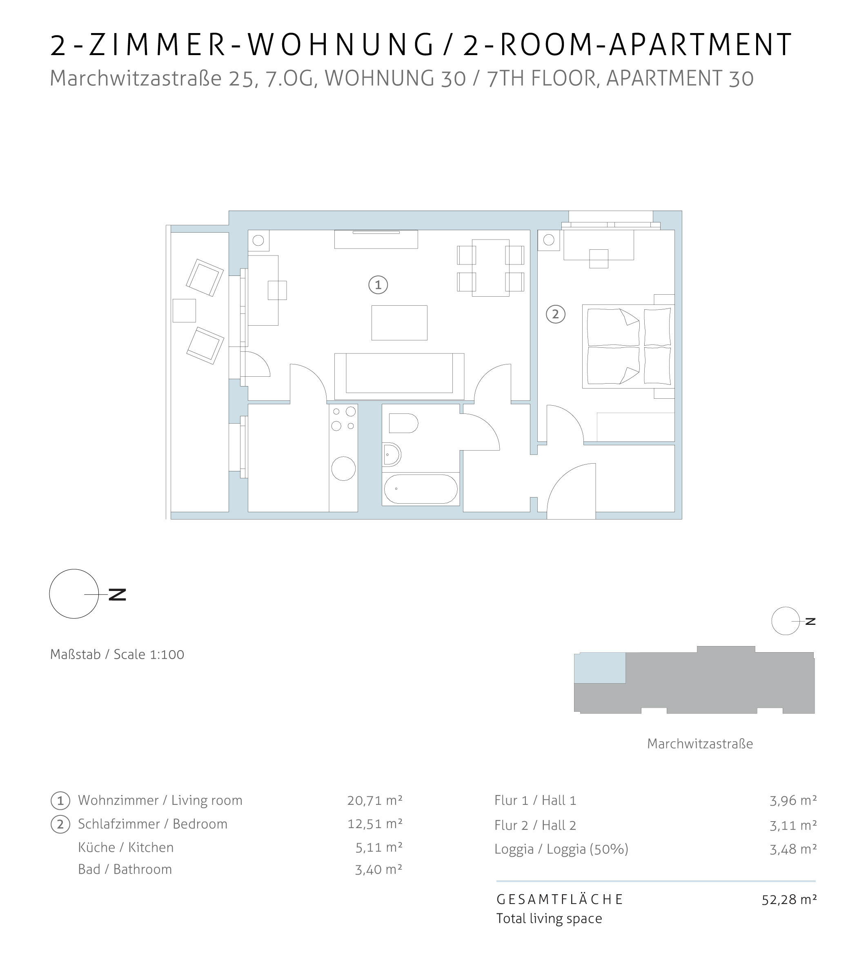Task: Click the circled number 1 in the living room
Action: [x=378, y=285]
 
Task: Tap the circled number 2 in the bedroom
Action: [x=556, y=314]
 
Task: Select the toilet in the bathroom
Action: [x=403, y=423]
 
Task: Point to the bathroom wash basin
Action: [x=392, y=454]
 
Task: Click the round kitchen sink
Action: [x=343, y=468]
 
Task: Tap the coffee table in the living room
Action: [x=400, y=323]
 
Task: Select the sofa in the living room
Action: [x=399, y=377]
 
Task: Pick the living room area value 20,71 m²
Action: [x=375, y=800]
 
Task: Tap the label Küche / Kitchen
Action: [x=126, y=848]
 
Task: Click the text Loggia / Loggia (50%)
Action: [x=561, y=849]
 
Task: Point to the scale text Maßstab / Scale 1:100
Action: [x=117, y=654]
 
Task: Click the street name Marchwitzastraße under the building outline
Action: [x=700, y=744]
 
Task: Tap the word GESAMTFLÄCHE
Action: [x=560, y=899]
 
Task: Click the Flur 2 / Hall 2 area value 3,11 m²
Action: [x=793, y=825]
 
